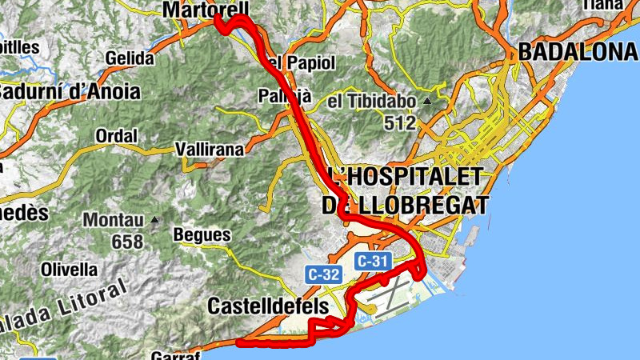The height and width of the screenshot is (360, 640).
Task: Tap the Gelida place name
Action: [x=129, y=58]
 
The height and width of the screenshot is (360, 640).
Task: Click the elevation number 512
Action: [x=399, y=123]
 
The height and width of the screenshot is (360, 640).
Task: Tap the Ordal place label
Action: [x=116, y=136]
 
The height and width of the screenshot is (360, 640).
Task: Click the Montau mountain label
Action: [x=114, y=220]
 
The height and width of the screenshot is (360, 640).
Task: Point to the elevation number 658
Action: [x=128, y=242]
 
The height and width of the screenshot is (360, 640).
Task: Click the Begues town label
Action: [x=202, y=236]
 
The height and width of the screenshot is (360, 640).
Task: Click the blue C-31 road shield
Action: [x=372, y=261]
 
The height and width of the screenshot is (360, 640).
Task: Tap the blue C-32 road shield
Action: [x=324, y=274]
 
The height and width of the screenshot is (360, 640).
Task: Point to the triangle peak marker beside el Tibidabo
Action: [x=427, y=102]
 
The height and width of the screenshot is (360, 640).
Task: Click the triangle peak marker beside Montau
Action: [x=154, y=220]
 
